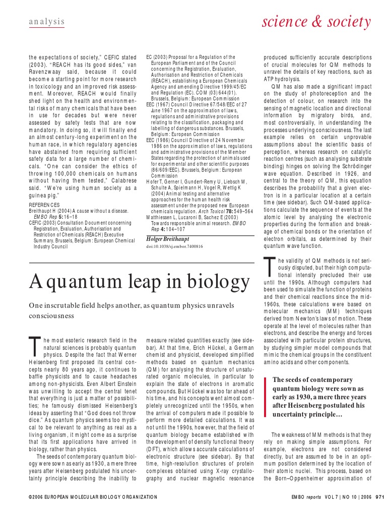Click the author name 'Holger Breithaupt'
click(170, 238)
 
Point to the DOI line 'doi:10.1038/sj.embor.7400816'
click(174, 247)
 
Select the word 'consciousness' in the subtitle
click(51, 316)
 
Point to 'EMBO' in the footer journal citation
click(299, 497)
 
